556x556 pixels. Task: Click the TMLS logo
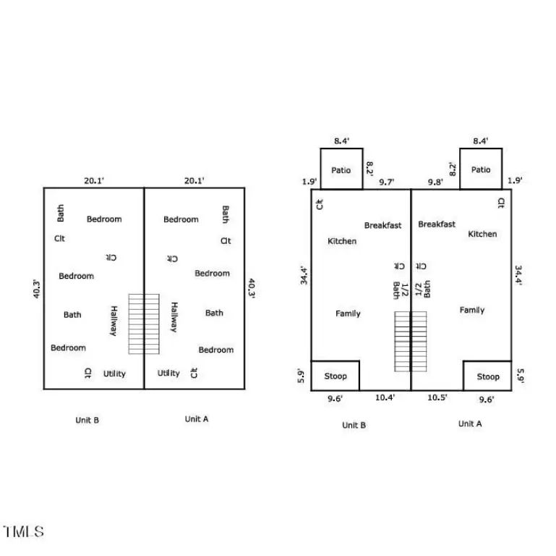(x=23, y=531)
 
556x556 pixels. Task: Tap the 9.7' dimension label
(x=387, y=182)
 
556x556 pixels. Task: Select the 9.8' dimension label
(x=435, y=182)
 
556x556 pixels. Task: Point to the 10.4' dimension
(x=385, y=397)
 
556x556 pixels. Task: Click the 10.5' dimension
(x=437, y=397)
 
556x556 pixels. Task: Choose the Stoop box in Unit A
(x=487, y=376)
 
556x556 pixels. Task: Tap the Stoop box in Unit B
(x=335, y=376)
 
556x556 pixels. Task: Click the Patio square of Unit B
(x=341, y=169)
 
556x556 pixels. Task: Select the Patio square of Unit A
(x=481, y=169)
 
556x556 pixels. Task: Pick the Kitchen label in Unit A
(x=482, y=234)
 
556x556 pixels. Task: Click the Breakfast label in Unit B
(x=383, y=225)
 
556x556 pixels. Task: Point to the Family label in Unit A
(x=472, y=311)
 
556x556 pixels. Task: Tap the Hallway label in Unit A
(x=174, y=317)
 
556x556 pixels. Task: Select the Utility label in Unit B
(x=114, y=374)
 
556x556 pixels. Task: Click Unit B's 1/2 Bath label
(x=401, y=291)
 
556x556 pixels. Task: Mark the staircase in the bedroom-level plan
(x=144, y=324)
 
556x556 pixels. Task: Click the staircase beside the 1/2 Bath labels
(x=411, y=342)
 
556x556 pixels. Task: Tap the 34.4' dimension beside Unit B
(x=304, y=275)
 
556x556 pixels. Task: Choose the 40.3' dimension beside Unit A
(x=252, y=288)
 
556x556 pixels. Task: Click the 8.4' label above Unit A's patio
(x=481, y=141)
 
